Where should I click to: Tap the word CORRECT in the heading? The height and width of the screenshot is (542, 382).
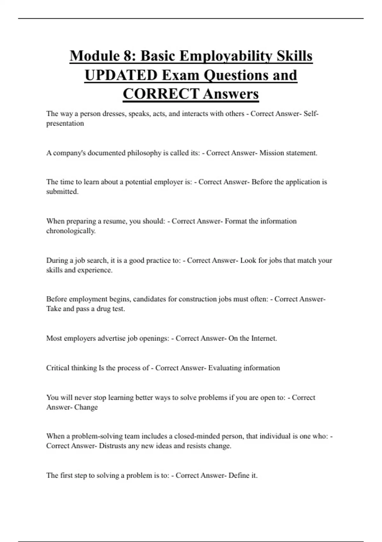[x=161, y=94]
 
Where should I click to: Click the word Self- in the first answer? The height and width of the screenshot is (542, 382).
[x=311, y=114]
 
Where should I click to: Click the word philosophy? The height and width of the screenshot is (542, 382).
[x=144, y=153]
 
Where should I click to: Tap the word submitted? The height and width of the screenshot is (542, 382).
[x=62, y=192]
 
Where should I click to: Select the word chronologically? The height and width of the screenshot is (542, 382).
[x=71, y=231]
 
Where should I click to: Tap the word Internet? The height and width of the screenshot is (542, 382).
[x=264, y=338]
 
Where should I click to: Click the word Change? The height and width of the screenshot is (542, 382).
[x=86, y=407]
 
